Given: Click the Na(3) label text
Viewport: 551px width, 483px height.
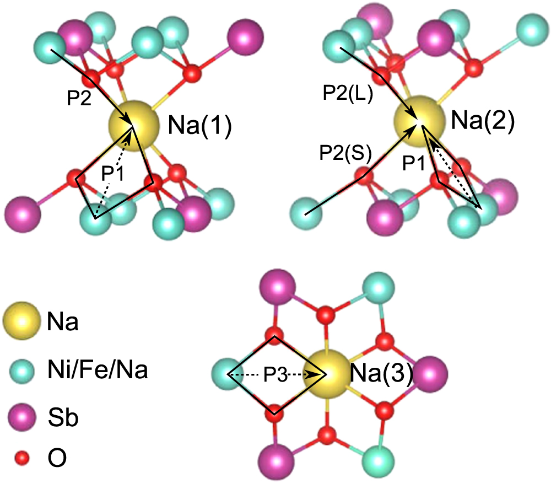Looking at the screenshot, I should coord(382,375).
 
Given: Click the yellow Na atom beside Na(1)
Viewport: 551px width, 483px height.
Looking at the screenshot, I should coord(132,125).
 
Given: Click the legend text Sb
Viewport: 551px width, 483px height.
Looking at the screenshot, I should coord(62,418).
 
